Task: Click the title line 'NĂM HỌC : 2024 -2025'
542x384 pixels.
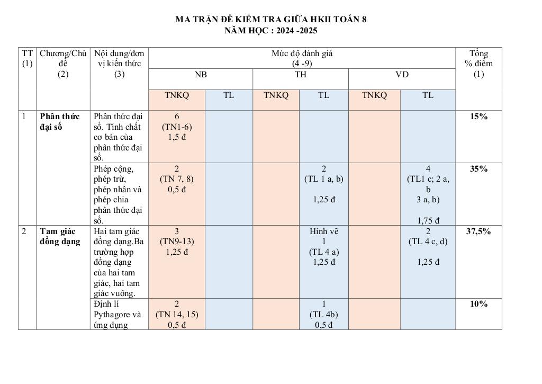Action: coord(270,31)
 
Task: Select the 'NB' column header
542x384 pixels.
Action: coord(201,75)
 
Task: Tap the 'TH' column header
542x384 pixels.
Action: coord(301,75)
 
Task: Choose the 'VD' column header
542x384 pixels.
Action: coord(402,75)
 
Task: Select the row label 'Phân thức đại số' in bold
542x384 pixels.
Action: coord(59,121)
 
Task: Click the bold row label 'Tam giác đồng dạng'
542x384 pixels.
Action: coord(60,236)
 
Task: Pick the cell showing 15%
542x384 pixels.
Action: coord(478,117)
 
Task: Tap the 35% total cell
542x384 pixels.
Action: coord(478,169)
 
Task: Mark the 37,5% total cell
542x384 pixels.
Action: coord(478,231)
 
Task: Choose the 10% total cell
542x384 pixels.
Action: coord(478,304)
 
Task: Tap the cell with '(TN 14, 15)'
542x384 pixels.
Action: coord(177,314)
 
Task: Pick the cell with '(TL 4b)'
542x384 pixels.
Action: coord(323,314)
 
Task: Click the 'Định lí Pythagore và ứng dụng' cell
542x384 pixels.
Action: coord(119,314)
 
